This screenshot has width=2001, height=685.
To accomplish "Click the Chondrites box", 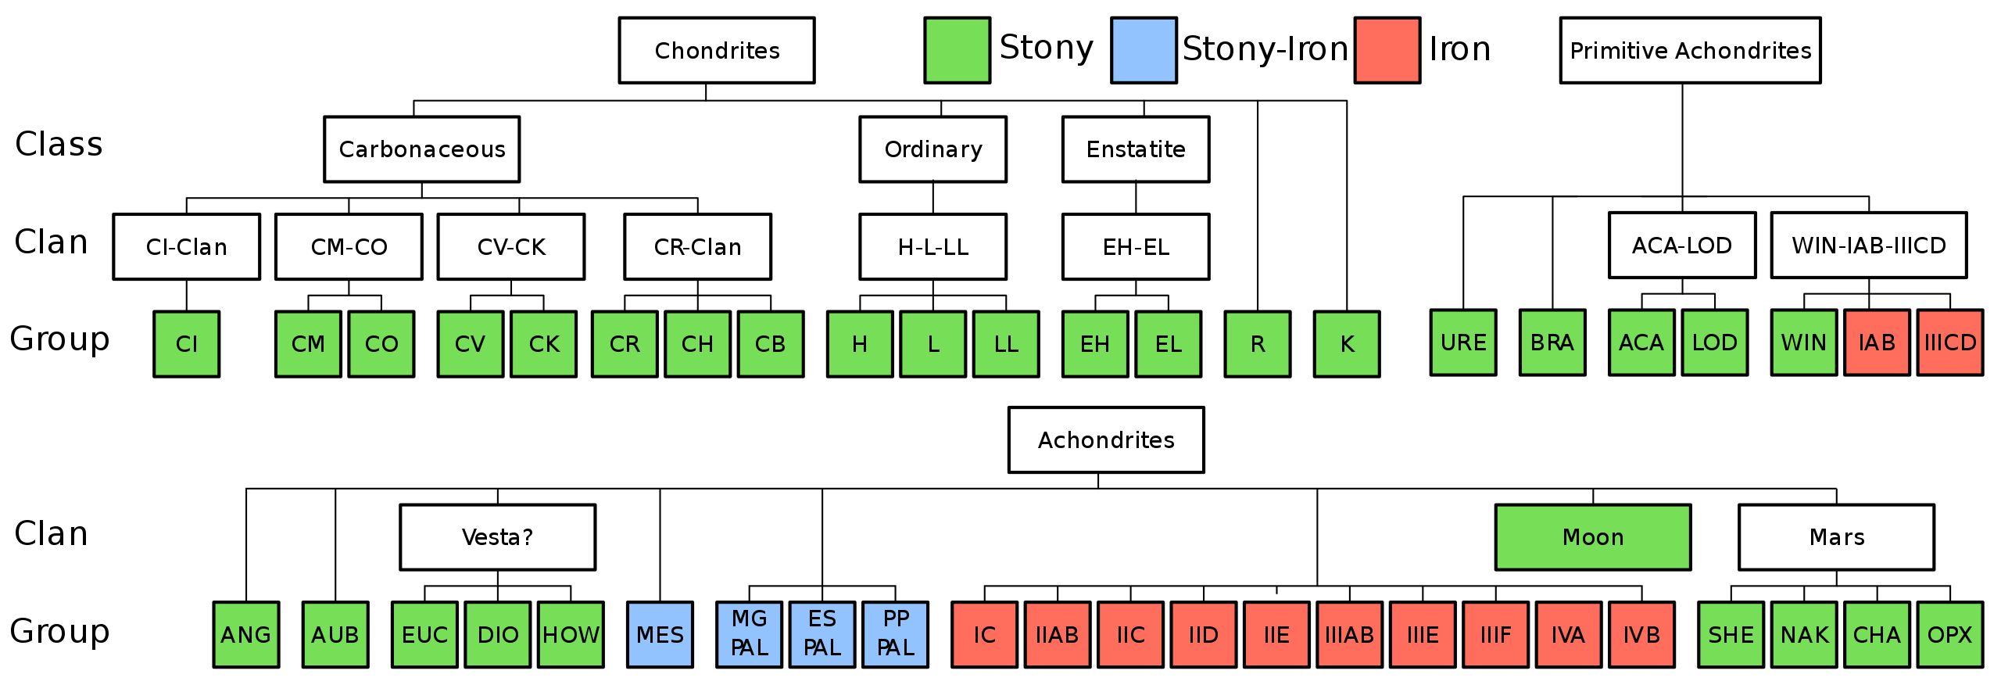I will click(x=716, y=50).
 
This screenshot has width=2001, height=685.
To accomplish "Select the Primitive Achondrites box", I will click(x=1690, y=50).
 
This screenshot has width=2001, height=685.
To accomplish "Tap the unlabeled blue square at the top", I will click(x=1144, y=50).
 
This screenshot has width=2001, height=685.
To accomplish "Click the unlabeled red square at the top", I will click(x=1387, y=50).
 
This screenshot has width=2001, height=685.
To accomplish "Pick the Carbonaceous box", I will click(x=421, y=149).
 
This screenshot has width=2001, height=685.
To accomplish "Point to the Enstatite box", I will click(x=1135, y=149).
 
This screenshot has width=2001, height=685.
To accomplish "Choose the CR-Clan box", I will click(x=697, y=246).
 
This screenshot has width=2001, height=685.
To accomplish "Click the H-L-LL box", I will click(x=932, y=246).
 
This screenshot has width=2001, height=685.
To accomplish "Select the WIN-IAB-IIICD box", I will click(x=1868, y=245).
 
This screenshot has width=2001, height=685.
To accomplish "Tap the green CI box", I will click(x=186, y=344).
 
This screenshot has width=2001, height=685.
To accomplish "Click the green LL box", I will click(x=1006, y=344).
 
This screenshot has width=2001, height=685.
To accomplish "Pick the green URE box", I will click(x=1463, y=342).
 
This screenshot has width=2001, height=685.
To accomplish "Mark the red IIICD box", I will click(x=1949, y=342).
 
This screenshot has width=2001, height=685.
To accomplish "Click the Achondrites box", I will click(x=1106, y=439).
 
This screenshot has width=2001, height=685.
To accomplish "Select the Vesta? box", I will click(x=497, y=537).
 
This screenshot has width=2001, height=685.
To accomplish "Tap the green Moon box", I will click(x=1592, y=537).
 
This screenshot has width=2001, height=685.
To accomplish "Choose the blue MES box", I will click(x=660, y=634).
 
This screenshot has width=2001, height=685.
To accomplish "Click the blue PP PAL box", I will click(x=895, y=634).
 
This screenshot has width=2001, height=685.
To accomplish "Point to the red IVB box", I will click(x=1641, y=634).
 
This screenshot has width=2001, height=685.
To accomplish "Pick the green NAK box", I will click(x=1804, y=634).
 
